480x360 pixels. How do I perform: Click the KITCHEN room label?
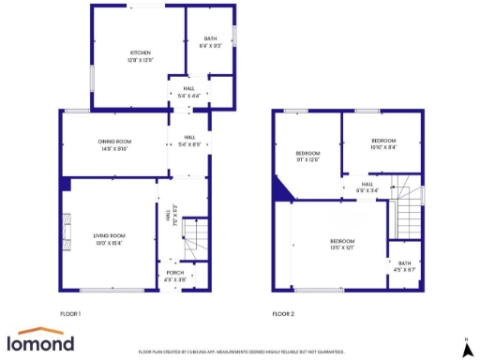coord(141,52)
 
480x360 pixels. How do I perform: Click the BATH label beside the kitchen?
coord(210,39)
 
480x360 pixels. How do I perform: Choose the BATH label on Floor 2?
coord(404,263)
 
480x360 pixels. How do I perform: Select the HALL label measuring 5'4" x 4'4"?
coord(188,88)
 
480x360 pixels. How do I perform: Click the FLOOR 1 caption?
coord(70,313)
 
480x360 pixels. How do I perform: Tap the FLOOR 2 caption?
coord(283,313)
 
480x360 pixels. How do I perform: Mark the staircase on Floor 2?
coord(408,211)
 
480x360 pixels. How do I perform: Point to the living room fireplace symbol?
coord(66,229)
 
